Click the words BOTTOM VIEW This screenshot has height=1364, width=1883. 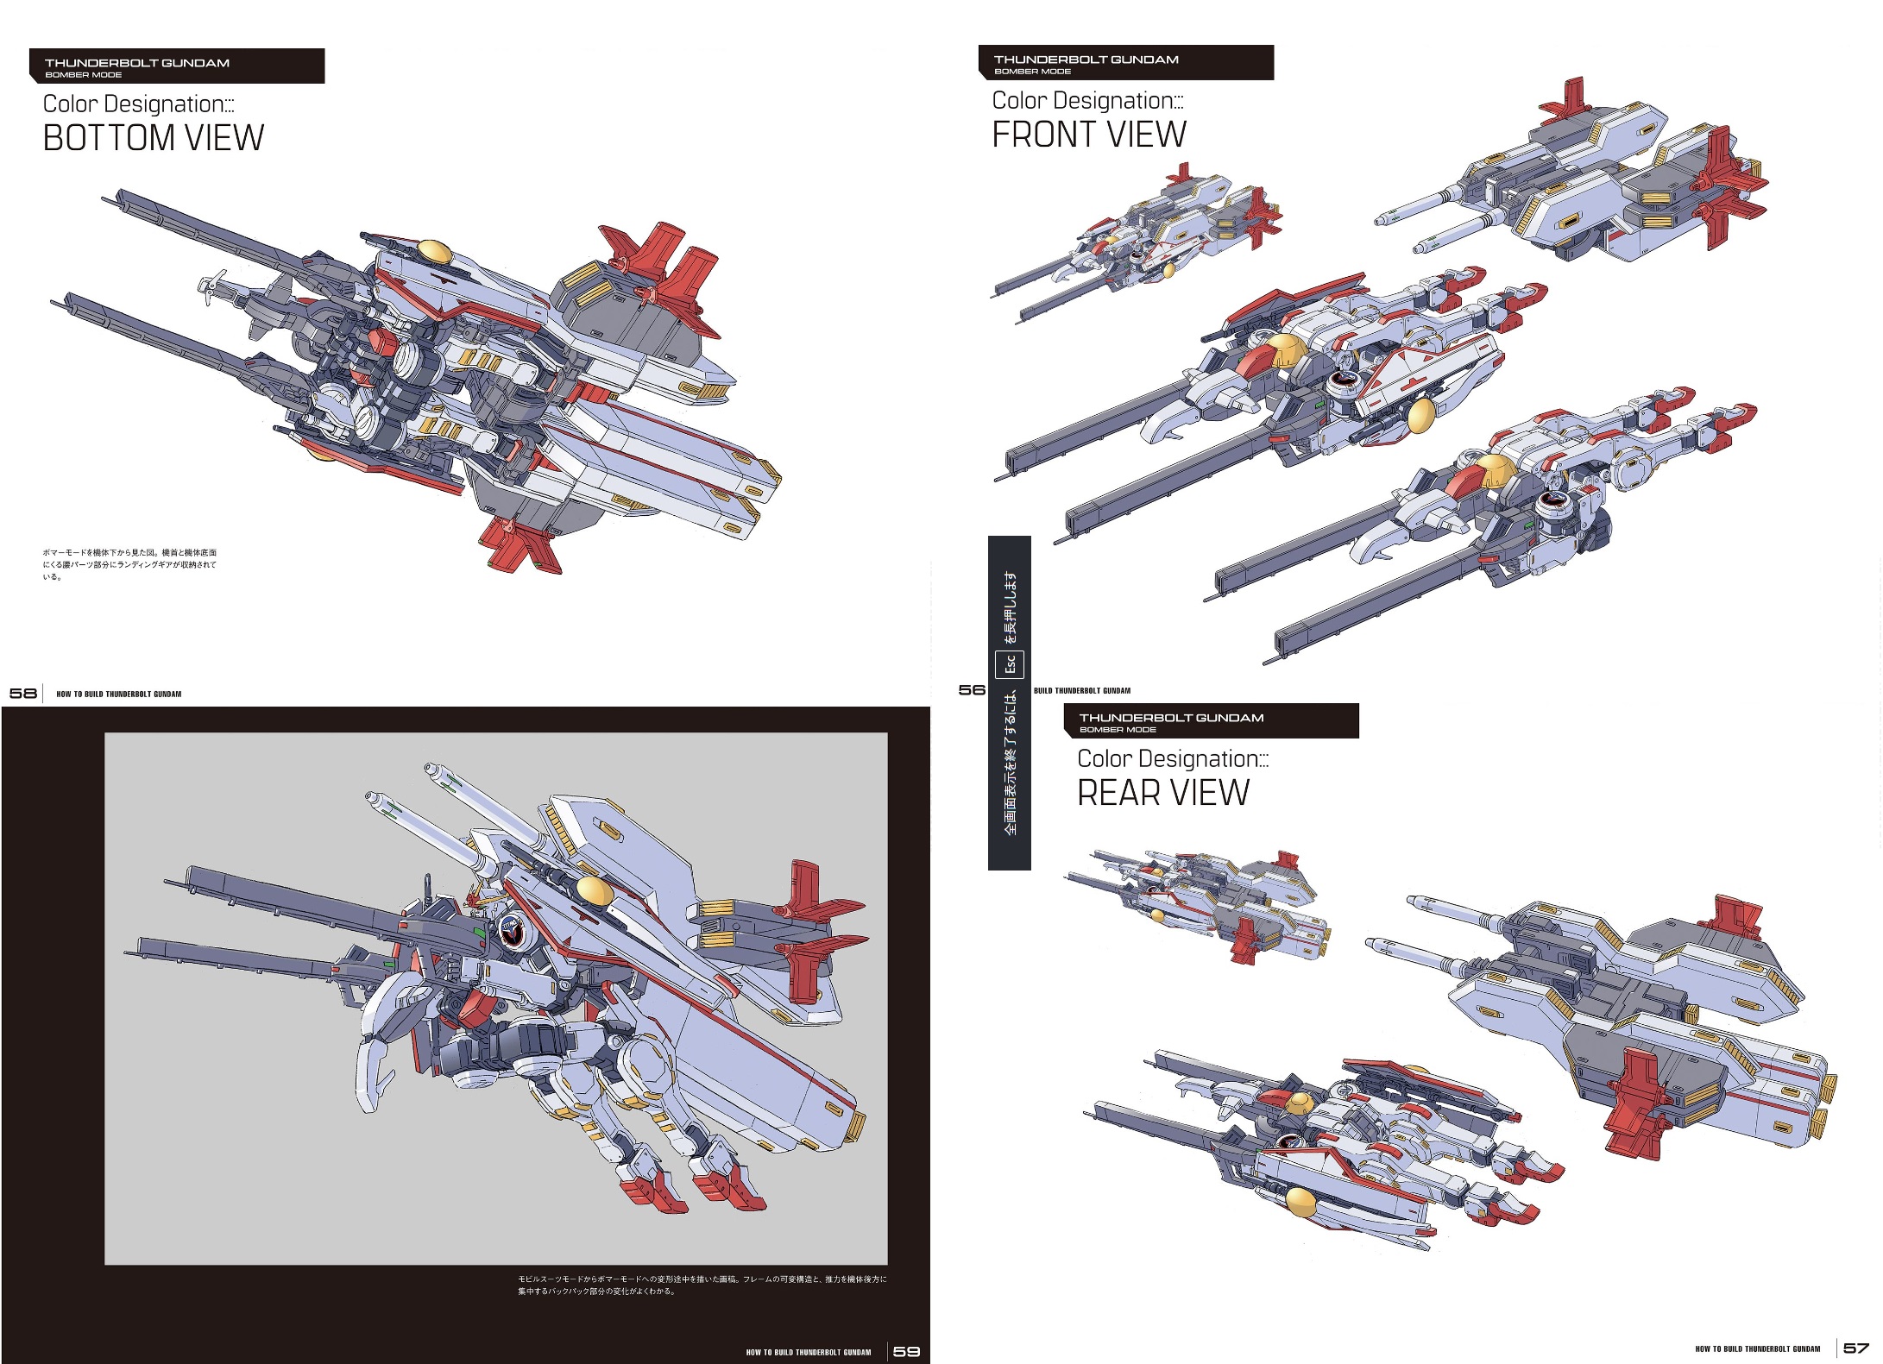click(x=153, y=138)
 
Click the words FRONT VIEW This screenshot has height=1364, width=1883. click(x=1088, y=135)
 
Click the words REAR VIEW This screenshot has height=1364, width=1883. click(x=1162, y=793)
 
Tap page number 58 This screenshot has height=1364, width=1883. click(x=22, y=693)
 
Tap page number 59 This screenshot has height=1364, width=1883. click(x=906, y=1351)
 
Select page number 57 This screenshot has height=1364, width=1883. click(x=1855, y=1348)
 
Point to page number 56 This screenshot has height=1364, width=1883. click(x=972, y=689)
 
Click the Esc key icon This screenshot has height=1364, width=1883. click(x=1010, y=664)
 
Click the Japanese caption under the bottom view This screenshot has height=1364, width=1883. click(x=129, y=564)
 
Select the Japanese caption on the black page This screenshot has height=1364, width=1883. click(x=701, y=1285)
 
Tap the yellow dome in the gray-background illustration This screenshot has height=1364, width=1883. click(x=594, y=889)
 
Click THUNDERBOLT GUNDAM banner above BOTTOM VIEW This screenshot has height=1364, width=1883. click(x=137, y=63)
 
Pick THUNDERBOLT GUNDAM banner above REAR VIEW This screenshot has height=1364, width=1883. click(x=1171, y=717)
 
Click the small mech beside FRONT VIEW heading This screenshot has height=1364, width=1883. click(x=1139, y=242)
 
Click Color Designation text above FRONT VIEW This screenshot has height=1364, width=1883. click(x=1087, y=101)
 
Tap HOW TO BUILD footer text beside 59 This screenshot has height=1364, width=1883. click(x=809, y=1352)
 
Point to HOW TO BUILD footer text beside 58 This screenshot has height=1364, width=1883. click(x=118, y=694)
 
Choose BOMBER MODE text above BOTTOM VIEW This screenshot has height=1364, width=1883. click(x=83, y=75)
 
